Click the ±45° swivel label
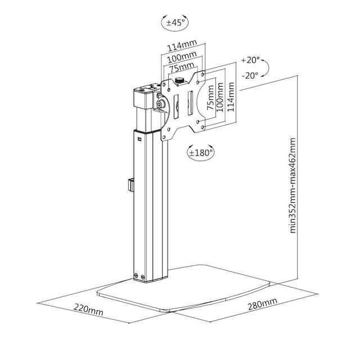point(175,23)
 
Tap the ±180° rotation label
point(201,153)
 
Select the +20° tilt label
point(250,60)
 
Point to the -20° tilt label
point(250,75)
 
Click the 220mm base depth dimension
point(88,309)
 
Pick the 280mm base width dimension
point(262,304)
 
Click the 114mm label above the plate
point(182,46)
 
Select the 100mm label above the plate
point(182,57)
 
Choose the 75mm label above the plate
point(181,68)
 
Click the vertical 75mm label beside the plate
point(210,98)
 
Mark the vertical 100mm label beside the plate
point(220,97)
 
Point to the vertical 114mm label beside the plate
point(231,97)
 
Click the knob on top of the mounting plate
point(179,81)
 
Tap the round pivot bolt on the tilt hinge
point(160,104)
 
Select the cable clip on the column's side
point(130,184)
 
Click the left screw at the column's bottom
point(136,275)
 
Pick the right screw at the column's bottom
point(142,277)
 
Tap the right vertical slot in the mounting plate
point(190,104)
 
